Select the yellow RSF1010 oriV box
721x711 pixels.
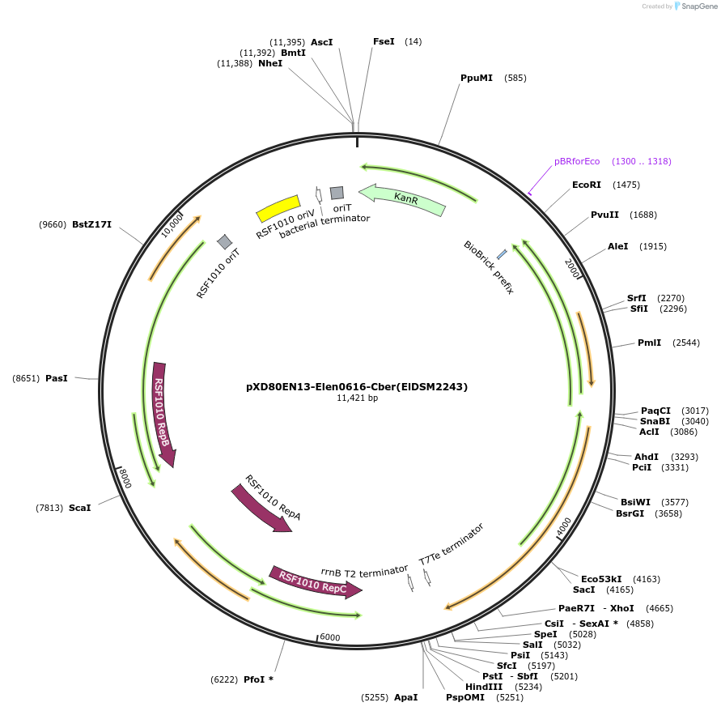(278, 207)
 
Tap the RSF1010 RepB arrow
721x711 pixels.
(163, 413)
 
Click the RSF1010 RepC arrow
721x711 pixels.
(315, 581)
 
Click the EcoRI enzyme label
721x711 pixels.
(587, 185)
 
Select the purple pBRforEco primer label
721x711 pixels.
(577, 161)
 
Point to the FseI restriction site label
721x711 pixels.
(384, 41)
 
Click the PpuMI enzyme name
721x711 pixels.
(477, 78)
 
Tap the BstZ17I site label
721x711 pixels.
(91, 224)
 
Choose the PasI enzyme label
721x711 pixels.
(57, 378)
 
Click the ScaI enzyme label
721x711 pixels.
(79, 508)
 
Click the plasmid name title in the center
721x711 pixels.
(357, 386)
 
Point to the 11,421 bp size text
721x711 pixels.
(357, 398)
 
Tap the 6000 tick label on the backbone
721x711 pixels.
(330, 637)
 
